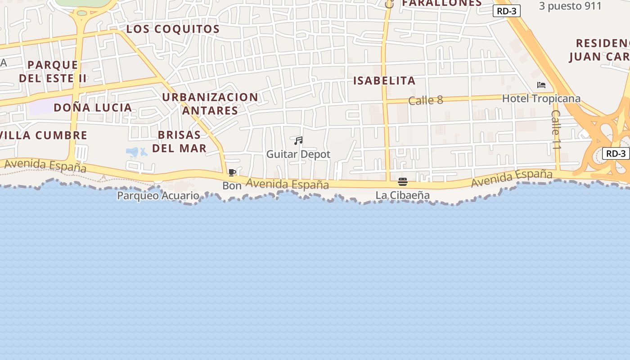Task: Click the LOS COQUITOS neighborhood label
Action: coord(173,29)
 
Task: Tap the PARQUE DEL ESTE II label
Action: coord(53,72)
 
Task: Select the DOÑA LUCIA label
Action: coord(93,108)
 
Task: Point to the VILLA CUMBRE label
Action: coord(44,135)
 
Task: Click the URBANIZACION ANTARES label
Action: coord(210,103)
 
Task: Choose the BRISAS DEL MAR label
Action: coord(179,141)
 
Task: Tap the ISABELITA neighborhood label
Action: coord(384,81)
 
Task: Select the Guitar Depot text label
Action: coord(298,154)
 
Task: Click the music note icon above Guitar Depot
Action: coord(298,141)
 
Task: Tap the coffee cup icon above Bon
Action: coord(232,173)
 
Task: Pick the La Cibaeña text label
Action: coord(403,195)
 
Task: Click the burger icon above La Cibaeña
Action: coord(403,182)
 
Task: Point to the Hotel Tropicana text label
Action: coord(541,99)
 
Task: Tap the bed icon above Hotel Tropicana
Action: coord(541,85)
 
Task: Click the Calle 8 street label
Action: coord(426,100)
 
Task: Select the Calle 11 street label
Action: coord(557,130)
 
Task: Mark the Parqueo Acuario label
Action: coord(158,196)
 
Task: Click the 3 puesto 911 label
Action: coord(570,6)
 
